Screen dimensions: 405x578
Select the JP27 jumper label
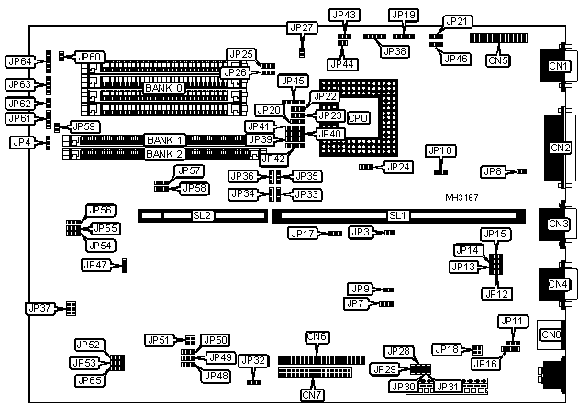[x=302, y=27]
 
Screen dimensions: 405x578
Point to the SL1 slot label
[x=397, y=215]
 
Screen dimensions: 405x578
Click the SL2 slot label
[x=202, y=215]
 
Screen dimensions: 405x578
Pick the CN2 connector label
[x=559, y=147]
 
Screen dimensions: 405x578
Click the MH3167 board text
[x=462, y=198]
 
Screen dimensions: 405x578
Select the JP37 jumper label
[x=40, y=309]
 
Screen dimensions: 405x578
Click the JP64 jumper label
[x=19, y=61]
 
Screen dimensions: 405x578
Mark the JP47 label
[x=95, y=265]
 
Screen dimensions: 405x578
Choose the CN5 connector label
[x=498, y=60]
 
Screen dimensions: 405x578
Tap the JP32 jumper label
[x=254, y=361]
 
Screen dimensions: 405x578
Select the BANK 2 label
[x=165, y=154]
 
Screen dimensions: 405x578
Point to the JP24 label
[x=399, y=167]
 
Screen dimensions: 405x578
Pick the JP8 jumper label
[x=494, y=170]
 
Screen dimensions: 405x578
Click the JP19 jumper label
[x=404, y=15]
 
